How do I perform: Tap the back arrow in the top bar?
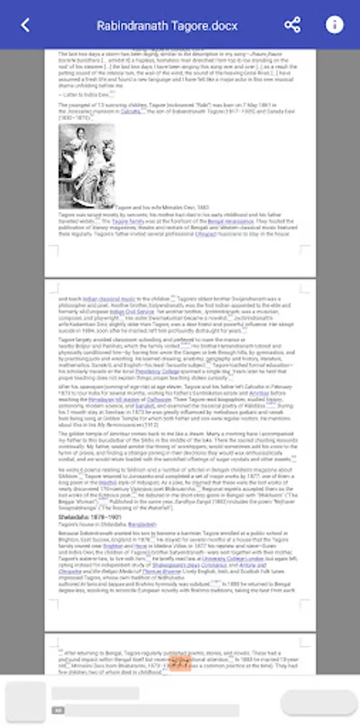pyautogui.click(x=25, y=25)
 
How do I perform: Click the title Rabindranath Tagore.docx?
pyautogui.click(x=167, y=25)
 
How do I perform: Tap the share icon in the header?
pyautogui.click(x=292, y=24)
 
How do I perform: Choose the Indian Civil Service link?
pyautogui.click(x=132, y=311)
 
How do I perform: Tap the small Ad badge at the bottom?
pyautogui.click(x=58, y=709)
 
